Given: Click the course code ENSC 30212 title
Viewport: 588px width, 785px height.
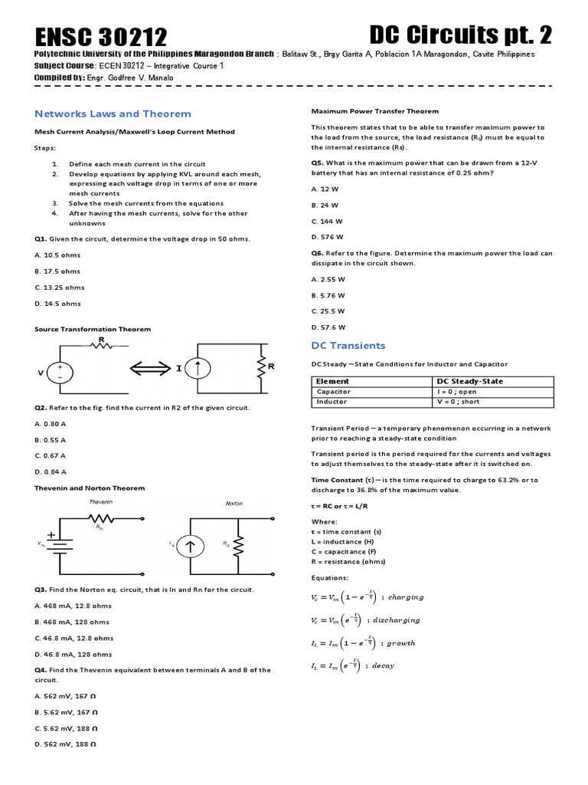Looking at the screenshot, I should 101,36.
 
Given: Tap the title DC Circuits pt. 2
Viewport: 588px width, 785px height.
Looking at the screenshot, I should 459,34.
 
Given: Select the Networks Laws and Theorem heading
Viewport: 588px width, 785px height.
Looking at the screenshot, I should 113,113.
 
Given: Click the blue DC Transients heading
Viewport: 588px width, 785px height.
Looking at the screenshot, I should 348,345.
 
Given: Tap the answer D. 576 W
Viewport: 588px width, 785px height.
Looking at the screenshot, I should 327,237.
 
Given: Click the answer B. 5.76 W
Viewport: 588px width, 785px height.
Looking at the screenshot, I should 328,295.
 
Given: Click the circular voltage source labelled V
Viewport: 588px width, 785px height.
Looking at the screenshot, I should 62,372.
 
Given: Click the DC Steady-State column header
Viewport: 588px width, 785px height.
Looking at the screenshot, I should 469,381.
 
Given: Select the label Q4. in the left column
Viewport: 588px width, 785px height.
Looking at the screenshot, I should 42,670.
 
